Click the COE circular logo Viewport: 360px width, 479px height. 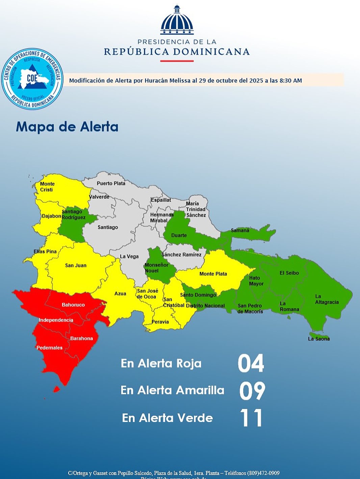click(x=32, y=78)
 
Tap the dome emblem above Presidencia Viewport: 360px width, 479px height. click(x=177, y=21)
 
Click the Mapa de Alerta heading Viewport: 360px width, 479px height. click(x=67, y=127)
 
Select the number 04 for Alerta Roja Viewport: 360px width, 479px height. click(x=251, y=363)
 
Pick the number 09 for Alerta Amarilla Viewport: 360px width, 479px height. click(x=252, y=391)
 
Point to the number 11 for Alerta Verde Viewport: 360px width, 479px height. click(x=251, y=418)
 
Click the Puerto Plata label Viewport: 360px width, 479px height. click(x=111, y=183)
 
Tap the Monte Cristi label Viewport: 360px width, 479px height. click(x=47, y=187)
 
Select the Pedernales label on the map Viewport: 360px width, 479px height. click(x=49, y=348)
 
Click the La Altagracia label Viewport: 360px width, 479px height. click(x=327, y=299)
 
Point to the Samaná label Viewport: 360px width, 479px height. click(x=240, y=231)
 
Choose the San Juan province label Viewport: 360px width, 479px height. click(x=76, y=265)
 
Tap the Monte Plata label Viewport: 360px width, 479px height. click(x=213, y=273)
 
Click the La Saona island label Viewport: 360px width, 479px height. click(x=318, y=339)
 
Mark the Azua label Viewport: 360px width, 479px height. click(x=120, y=293)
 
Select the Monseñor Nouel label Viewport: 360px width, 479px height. click(x=156, y=268)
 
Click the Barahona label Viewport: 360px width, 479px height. click(x=81, y=338)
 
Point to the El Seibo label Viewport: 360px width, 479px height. click(x=289, y=273)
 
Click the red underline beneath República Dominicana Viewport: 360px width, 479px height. click(x=177, y=61)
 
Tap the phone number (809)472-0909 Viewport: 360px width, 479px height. click(x=263, y=473)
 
